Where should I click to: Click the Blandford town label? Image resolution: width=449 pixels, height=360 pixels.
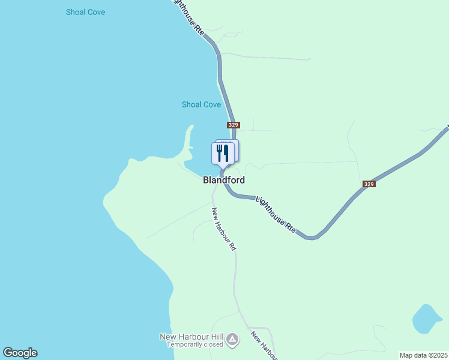tap(224, 179)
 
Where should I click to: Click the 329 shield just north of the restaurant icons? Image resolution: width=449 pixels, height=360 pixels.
tap(234, 125)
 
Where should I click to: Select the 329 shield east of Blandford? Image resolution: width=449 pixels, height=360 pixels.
tap(369, 184)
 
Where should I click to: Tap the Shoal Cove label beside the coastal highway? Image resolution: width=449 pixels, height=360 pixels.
tap(201, 104)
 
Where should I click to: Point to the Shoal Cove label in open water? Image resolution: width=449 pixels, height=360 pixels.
tap(86, 12)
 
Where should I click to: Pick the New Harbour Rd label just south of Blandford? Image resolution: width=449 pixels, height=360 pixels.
tap(223, 229)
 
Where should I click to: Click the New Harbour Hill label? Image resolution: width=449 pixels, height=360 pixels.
tap(191, 337)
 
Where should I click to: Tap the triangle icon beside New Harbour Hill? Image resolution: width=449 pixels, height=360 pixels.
tap(232, 340)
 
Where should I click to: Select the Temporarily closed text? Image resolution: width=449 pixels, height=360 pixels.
tap(194, 344)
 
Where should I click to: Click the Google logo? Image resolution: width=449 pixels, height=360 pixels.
tap(20, 353)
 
